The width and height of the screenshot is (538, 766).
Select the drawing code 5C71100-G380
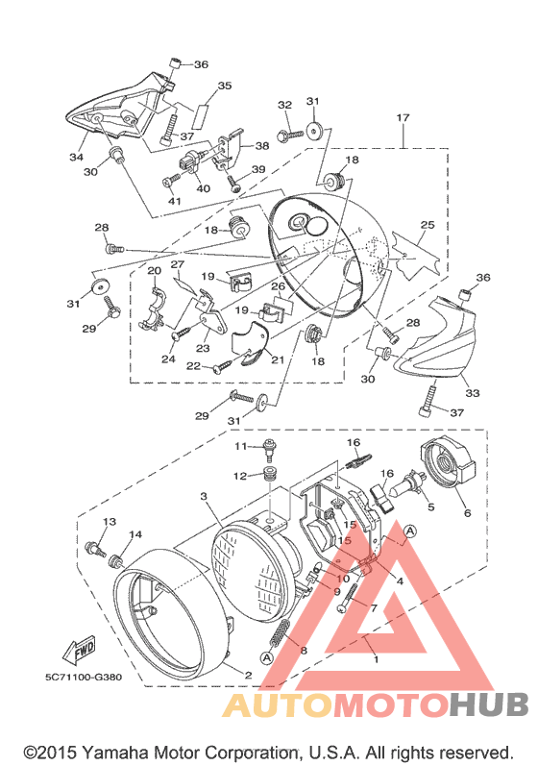coord(84,677)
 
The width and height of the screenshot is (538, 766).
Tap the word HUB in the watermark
coord(489,704)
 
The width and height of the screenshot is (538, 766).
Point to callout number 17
coord(403,117)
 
